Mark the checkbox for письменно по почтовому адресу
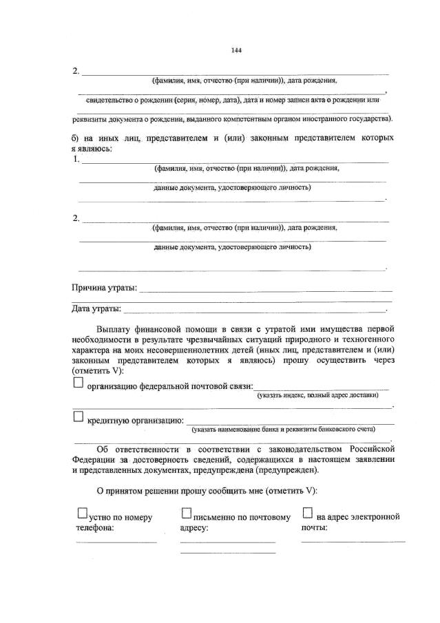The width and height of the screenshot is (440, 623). (185, 513)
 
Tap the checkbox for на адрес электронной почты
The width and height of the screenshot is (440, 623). (307, 513)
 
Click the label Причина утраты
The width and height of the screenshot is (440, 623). (104, 287)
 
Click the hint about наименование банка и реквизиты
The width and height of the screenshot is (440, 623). (284, 429)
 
